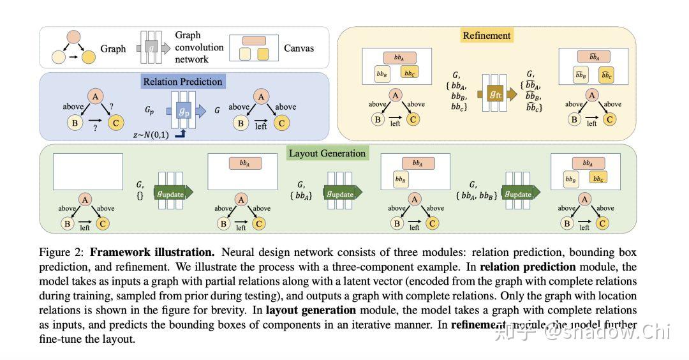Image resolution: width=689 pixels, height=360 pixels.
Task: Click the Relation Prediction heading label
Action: click(x=182, y=82)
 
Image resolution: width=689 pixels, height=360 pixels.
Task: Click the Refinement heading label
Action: click(x=486, y=36)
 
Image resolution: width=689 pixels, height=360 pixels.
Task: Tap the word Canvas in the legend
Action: click(x=299, y=48)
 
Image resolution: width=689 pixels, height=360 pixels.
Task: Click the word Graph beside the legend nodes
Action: click(x=113, y=48)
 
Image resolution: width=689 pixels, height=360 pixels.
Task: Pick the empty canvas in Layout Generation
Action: click(x=88, y=171)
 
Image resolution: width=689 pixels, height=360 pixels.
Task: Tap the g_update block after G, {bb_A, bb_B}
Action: click(x=518, y=193)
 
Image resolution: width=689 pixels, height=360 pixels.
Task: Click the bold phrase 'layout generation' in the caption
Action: click(x=311, y=311)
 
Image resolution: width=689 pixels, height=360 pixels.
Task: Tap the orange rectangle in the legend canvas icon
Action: click(x=255, y=40)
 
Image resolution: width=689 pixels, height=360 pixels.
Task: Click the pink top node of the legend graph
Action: click(x=74, y=37)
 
